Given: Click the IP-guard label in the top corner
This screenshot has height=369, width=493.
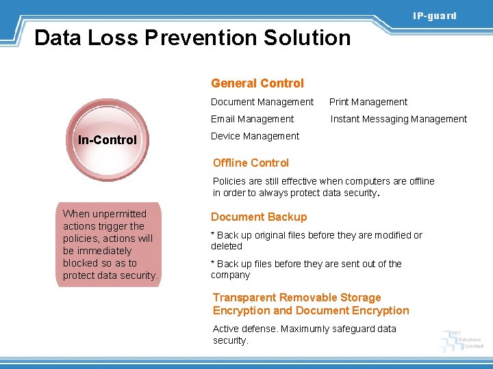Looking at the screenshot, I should [434, 16].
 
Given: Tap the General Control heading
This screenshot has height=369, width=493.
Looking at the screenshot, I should [257, 83].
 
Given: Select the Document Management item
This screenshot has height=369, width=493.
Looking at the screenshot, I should [262, 102].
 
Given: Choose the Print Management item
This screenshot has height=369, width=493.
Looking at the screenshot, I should [368, 102].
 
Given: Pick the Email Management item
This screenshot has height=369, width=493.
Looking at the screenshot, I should [252, 119].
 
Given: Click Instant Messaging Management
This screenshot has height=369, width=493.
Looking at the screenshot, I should [399, 119].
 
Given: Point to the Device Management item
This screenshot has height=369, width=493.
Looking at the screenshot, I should [255, 136].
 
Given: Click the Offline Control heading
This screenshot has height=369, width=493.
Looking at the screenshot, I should [251, 163].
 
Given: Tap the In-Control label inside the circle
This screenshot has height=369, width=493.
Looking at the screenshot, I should [108, 140].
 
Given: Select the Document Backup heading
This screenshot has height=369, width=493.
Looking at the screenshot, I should [259, 217].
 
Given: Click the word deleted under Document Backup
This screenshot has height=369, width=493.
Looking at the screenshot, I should [227, 246].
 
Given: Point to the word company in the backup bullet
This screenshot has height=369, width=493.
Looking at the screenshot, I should [231, 275].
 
